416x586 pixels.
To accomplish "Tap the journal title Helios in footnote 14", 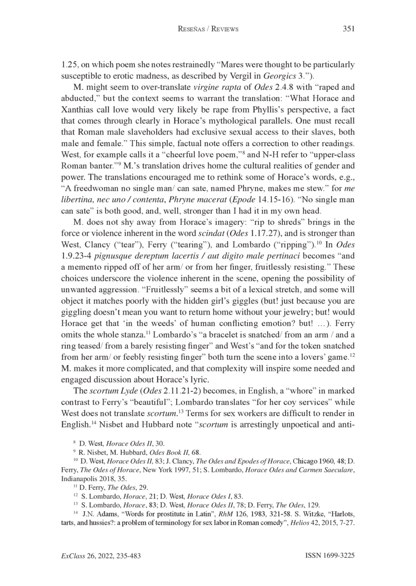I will coord(302,523).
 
